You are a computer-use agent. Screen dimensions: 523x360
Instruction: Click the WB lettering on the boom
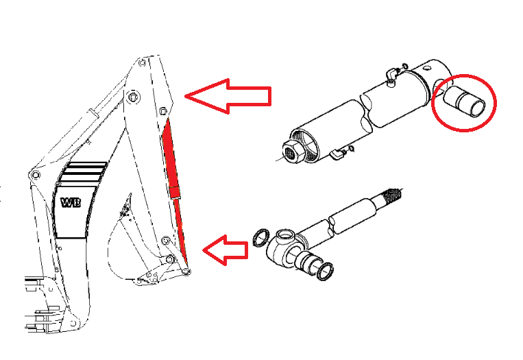[x=71, y=202]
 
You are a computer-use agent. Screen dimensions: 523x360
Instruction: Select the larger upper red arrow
[x=228, y=97]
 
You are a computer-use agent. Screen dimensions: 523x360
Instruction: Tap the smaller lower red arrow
[x=226, y=250]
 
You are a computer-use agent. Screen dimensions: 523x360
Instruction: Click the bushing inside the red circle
[x=465, y=101]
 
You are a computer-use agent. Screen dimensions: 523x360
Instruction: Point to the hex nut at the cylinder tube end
[x=293, y=152]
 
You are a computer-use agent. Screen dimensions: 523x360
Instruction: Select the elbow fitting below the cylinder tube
[x=337, y=154]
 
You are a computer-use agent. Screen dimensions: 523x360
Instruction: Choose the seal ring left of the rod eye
[x=261, y=237]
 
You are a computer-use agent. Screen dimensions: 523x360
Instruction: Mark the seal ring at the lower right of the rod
[x=324, y=272]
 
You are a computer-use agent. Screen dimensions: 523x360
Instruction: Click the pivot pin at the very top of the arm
[x=142, y=62]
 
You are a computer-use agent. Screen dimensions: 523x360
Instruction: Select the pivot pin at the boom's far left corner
[x=35, y=175]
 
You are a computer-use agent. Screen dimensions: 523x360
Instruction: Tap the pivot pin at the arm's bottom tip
[x=187, y=272]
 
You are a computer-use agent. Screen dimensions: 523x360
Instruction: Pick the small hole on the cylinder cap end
[x=427, y=68]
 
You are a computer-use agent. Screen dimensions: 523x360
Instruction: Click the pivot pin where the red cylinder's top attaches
[x=163, y=111]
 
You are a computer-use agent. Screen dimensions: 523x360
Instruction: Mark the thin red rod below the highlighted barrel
[x=180, y=227]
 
